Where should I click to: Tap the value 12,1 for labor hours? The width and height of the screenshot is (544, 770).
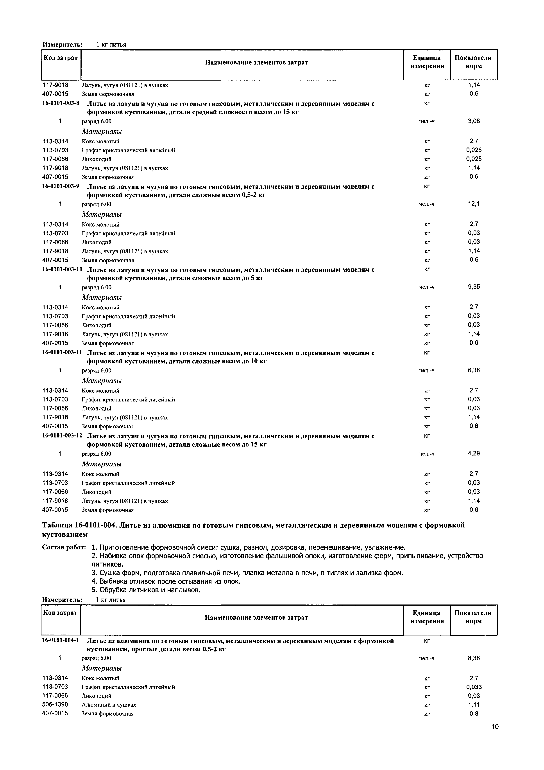pos(474,203)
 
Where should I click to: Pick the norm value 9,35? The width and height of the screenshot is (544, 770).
pos(474,287)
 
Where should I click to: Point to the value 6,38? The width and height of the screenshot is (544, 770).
pos(474,370)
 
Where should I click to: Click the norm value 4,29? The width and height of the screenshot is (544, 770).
pos(474,453)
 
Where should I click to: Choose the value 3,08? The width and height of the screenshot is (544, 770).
pos(474,121)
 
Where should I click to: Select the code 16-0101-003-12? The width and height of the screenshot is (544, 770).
pos(62,436)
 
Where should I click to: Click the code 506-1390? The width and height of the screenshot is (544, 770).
pos(55,705)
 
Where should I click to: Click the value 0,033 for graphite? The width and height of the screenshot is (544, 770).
pos(474,687)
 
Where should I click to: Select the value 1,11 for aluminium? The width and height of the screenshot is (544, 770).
pos(474,705)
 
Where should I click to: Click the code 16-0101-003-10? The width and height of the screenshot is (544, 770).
pos(62,269)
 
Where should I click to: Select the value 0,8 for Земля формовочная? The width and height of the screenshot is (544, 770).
pos(474,713)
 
